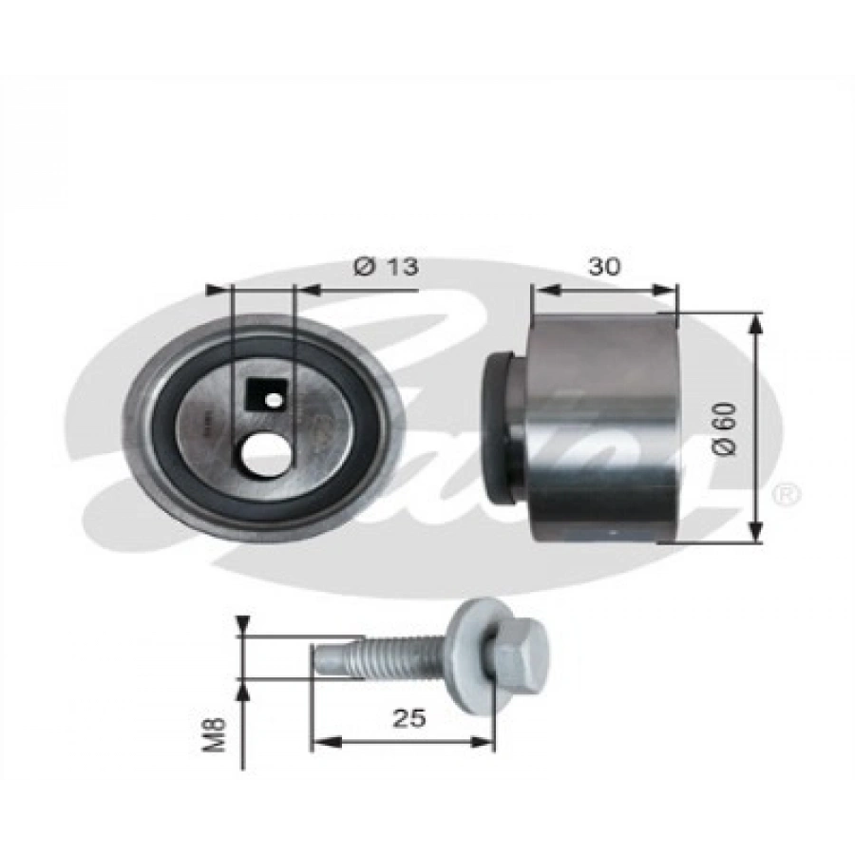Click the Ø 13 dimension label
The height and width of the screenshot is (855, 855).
(386, 267)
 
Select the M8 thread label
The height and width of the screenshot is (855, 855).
(217, 734)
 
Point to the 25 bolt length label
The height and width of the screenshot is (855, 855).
(411, 718)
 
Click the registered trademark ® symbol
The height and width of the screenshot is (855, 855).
(788, 494)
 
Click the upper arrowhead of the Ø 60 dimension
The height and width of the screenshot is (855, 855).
(756, 323)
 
